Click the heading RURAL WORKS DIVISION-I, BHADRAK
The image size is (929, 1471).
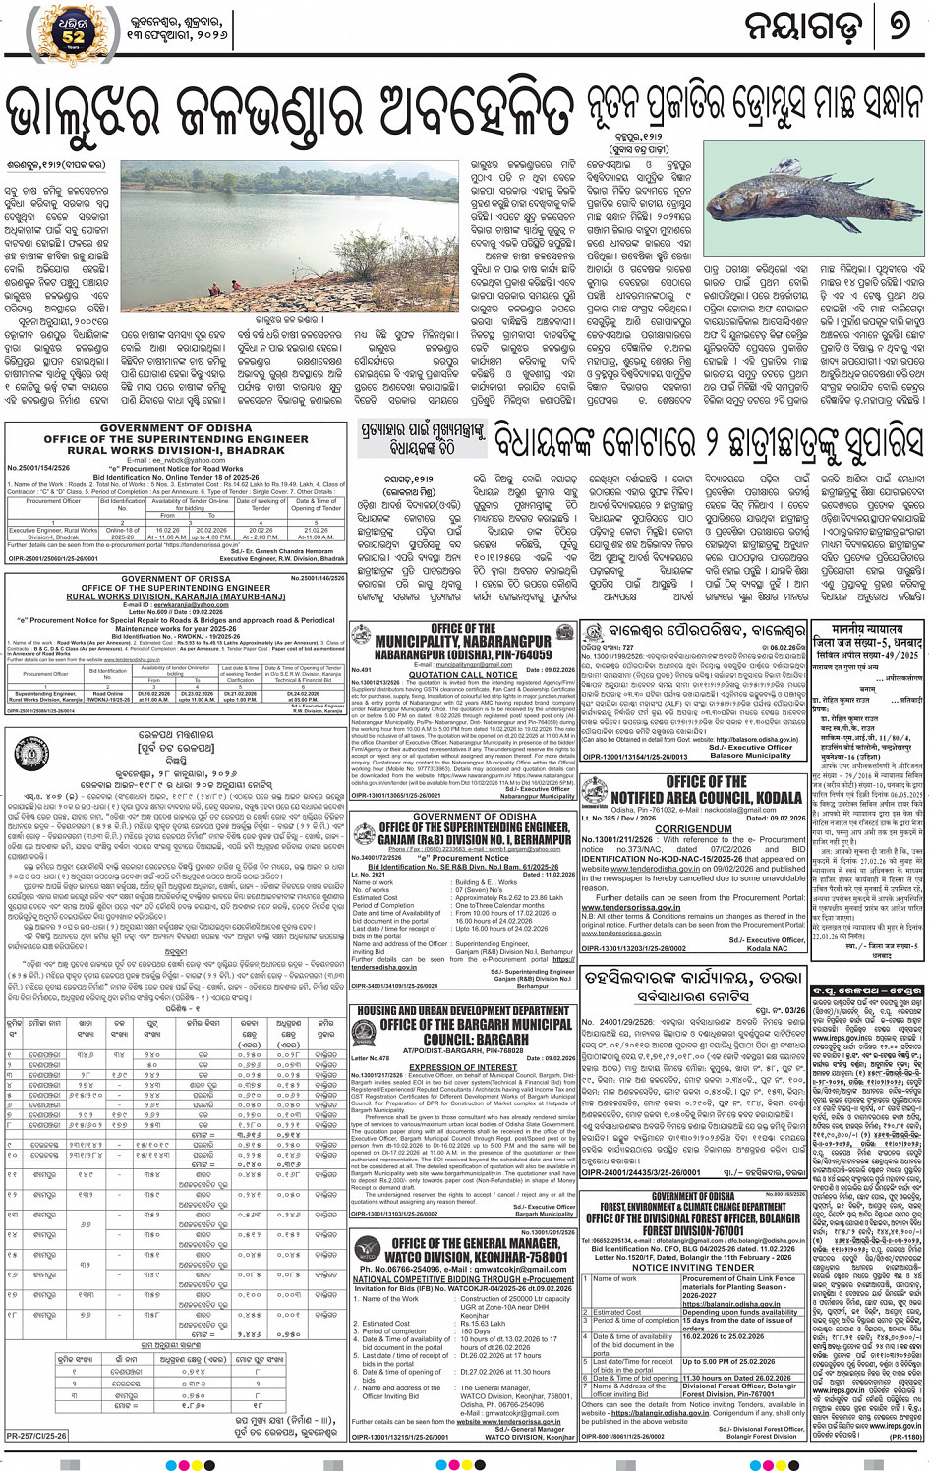[176, 450]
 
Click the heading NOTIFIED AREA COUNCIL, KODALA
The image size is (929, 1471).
[706, 797]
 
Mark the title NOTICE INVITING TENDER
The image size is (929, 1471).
[693, 1267]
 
